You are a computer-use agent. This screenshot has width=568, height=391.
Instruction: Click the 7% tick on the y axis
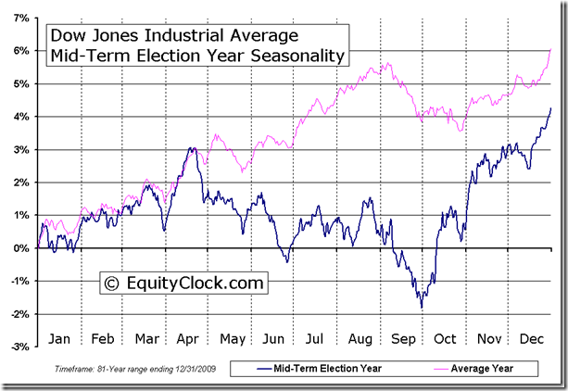pos(21,18)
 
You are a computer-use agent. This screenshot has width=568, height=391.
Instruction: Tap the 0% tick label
pos(21,247)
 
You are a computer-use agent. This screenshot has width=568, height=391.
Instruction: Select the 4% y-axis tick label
pos(21,116)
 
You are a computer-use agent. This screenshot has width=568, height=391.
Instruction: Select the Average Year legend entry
pos(482,369)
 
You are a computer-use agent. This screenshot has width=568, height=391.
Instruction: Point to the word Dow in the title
pos(67,36)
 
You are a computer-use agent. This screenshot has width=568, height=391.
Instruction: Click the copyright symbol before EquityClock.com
pos(111,282)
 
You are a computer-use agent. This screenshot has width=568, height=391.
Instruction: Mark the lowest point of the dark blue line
pos(422,308)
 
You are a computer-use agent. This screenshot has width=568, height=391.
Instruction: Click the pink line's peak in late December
pos(551,49)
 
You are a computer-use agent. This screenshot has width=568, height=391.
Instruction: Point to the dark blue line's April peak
pos(192,147)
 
